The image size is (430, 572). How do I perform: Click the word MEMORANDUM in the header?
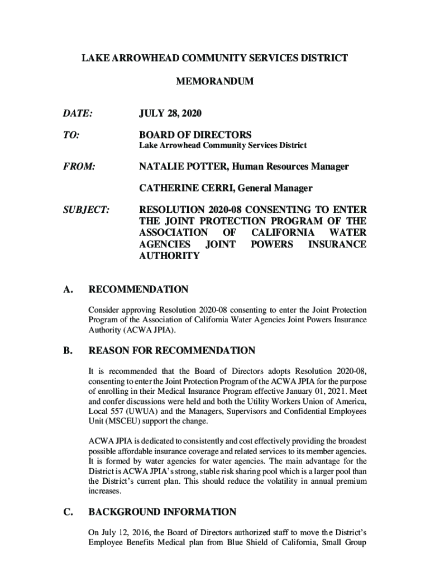(x=214, y=82)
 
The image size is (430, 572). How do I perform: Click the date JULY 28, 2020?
(x=170, y=114)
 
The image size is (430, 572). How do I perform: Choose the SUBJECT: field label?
(x=85, y=209)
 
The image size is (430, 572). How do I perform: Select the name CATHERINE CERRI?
(x=188, y=188)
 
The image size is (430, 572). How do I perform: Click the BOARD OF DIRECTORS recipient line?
(x=195, y=135)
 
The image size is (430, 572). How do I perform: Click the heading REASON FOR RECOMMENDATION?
(x=171, y=351)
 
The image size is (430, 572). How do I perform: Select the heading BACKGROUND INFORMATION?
(x=163, y=512)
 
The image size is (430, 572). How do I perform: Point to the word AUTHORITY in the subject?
(x=169, y=256)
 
